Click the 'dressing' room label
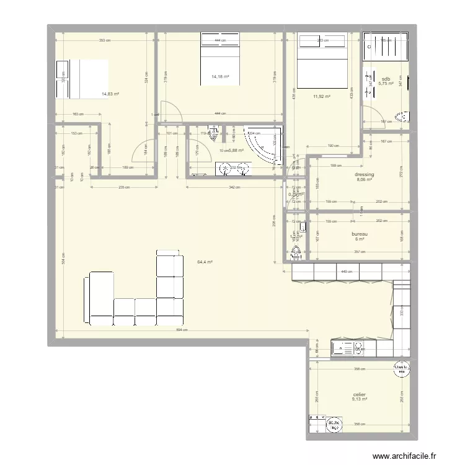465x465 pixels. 365,175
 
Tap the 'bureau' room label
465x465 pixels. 361,234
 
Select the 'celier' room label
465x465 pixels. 360,394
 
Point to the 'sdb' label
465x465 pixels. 386,79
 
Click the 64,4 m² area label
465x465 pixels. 205,262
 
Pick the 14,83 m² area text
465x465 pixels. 110,94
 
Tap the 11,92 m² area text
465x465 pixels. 321,97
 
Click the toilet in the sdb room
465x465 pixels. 404,116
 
